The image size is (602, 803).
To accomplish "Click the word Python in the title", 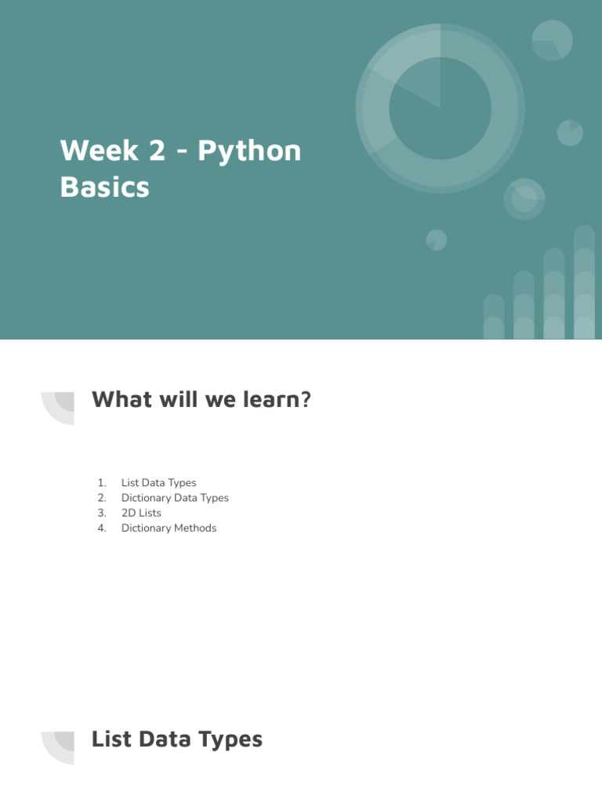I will [249, 151].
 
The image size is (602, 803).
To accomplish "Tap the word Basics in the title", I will [104, 187].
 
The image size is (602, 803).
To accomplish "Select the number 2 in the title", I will [157, 151].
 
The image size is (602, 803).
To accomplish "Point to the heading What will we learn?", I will [201, 400].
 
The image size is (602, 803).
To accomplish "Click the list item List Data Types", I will [158, 483].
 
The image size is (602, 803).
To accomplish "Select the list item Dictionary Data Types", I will [175, 498].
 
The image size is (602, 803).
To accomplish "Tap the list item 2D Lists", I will [141, 513].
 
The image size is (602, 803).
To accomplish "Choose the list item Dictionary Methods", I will [169, 528].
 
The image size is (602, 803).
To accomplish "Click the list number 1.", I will [101, 483].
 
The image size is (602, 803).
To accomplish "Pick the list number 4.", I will [101, 528].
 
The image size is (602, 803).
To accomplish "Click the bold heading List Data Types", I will [177, 739].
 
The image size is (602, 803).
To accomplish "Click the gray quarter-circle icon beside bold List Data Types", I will [60, 747].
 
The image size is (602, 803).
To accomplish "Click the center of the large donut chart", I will [440, 107].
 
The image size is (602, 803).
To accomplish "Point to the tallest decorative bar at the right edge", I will [584, 282].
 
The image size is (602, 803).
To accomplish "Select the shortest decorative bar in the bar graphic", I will [494, 317].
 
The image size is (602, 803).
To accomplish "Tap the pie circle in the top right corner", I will [552, 41].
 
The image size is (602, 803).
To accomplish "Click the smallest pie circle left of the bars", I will [437, 240].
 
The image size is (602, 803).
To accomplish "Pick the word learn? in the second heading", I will [280, 400].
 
